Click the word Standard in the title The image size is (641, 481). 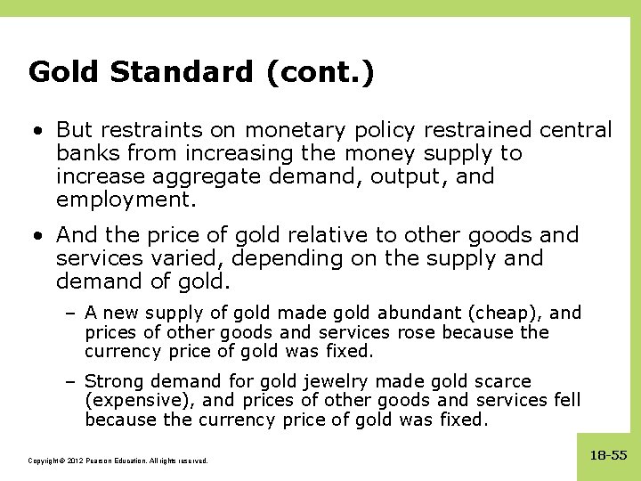183,71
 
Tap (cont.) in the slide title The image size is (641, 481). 320,71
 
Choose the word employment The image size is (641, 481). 126,200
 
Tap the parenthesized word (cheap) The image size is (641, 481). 510,313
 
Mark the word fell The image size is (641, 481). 566,400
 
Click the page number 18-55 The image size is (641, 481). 609,455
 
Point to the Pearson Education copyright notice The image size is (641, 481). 118,461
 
